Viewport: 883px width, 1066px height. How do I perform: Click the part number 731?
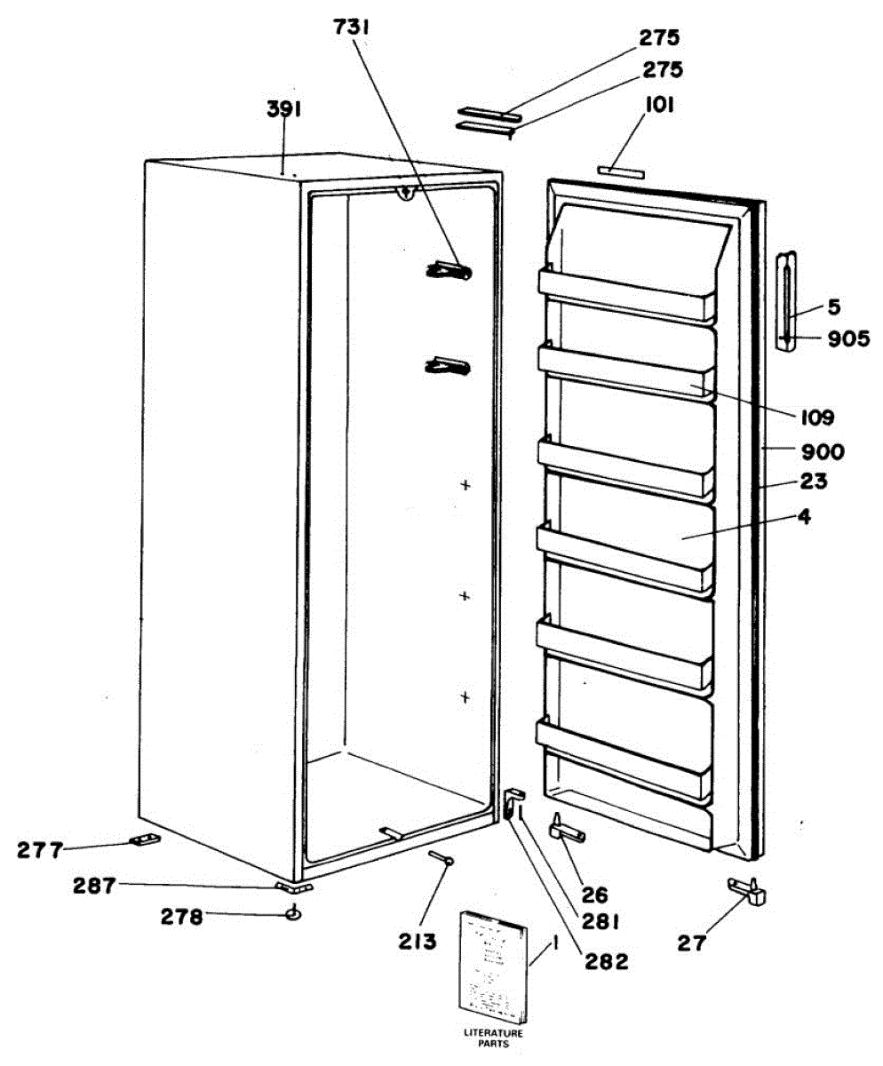point(351,28)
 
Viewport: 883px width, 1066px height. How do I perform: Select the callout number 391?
point(285,109)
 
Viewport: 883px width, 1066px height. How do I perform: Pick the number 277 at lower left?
point(40,851)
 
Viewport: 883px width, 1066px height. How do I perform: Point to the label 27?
point(691,943)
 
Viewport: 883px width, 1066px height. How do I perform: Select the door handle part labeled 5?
point(785,302)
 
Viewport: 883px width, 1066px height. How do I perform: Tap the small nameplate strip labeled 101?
point(621,170)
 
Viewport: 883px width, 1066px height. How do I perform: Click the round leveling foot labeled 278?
point(292,912)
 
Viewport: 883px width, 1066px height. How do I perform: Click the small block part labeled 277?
point(144,839)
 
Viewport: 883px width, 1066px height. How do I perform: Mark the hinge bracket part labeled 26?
point(566,830)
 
